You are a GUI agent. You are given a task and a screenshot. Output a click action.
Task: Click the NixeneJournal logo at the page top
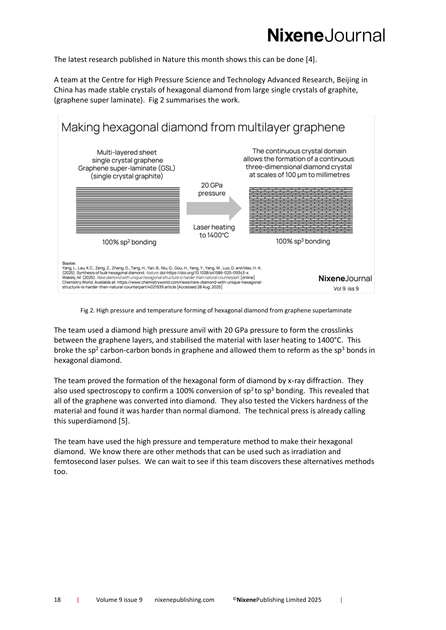(326, 35)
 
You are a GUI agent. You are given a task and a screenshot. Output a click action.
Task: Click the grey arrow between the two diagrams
(214, 208)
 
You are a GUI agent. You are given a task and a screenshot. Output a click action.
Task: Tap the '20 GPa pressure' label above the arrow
(212, 189)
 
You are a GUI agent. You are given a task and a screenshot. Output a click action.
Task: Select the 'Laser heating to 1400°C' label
(214, 231)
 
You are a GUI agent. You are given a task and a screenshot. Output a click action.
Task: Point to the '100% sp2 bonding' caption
(129, 242)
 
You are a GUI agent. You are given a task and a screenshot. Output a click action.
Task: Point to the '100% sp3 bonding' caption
(303, 241)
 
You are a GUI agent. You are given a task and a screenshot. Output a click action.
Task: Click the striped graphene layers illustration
(128, 210)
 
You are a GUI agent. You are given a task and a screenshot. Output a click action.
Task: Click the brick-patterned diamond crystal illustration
(301, 210)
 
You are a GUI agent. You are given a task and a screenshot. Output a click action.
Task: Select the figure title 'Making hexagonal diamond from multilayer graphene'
(203, 127)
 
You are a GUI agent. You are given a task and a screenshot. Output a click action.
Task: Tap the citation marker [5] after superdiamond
(124, 421)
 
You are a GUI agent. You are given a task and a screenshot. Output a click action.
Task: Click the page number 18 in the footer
(57, 600)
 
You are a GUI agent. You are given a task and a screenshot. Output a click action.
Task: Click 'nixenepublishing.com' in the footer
(184, 600)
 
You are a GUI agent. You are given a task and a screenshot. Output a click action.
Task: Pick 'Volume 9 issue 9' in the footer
(119, 600)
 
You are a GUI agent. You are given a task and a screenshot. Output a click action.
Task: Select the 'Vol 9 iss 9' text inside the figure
(346, 289)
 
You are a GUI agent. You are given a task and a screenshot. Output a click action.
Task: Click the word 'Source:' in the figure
(69, 263)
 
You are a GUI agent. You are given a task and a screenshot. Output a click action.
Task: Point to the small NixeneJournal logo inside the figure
(345, 279)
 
